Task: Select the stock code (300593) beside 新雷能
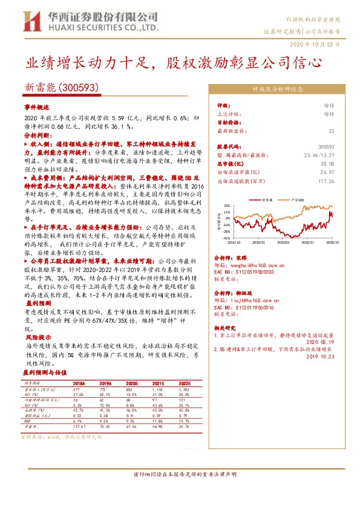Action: pos(79,88)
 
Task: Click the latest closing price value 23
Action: pos(331,131)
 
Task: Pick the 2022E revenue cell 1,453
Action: pos(185,390)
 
